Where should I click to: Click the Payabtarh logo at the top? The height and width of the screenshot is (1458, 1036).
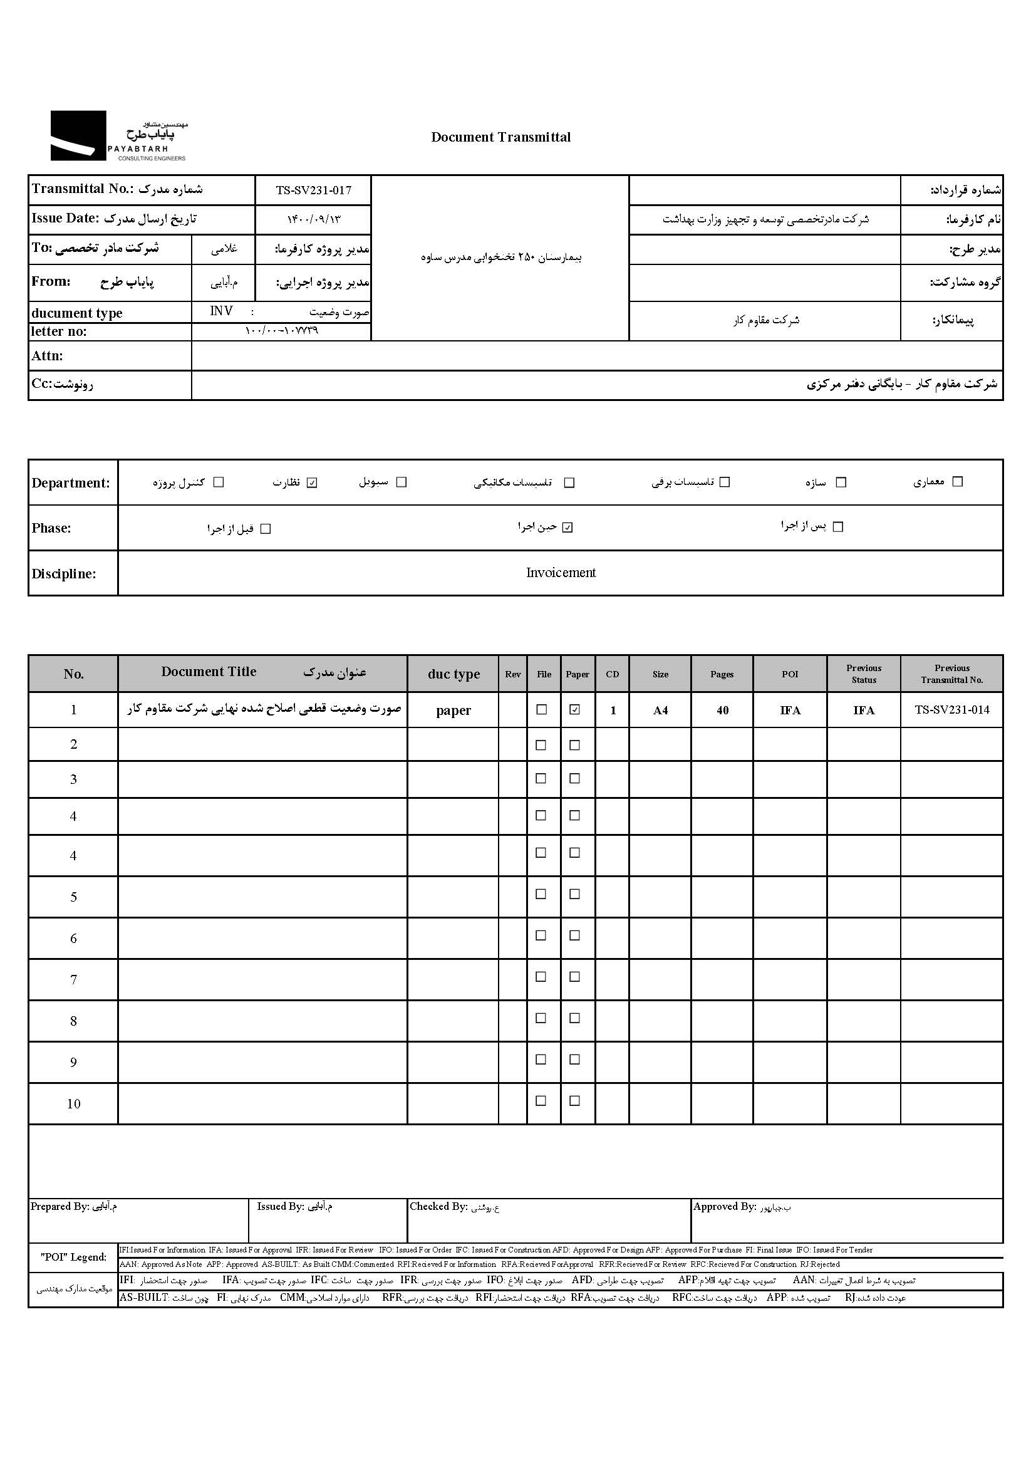point(118,136)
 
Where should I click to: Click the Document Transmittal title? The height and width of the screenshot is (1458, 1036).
point(501,137)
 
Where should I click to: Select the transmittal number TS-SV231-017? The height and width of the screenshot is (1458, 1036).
point(313,190)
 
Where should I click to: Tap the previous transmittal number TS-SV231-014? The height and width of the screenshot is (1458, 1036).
point(952,709)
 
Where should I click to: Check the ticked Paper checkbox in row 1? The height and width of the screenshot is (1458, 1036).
point(575,709)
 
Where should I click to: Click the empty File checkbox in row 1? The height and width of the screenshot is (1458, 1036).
point(542,709)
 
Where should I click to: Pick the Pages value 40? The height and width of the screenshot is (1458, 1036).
point(722,710)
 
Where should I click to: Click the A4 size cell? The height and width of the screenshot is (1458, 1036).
point(660,710)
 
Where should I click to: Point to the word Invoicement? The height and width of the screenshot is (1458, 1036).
point(561,572)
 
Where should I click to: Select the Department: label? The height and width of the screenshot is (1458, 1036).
point(71,483)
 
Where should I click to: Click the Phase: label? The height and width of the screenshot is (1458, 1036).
point(51,528)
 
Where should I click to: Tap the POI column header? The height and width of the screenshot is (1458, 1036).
point(790,674)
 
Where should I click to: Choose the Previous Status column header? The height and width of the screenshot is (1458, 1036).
point(864,674)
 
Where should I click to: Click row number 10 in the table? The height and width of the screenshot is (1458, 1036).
point(73,1103)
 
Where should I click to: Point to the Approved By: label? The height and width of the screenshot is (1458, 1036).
point(725,1206)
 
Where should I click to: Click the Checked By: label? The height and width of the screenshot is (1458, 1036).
point(439,1206)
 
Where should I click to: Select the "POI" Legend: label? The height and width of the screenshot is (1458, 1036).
point(73,1257)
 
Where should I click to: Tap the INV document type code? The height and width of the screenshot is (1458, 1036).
point(221,311)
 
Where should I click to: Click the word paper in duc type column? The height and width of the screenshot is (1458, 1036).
point(453,710)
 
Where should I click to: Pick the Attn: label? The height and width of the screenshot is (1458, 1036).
point(47,356)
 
